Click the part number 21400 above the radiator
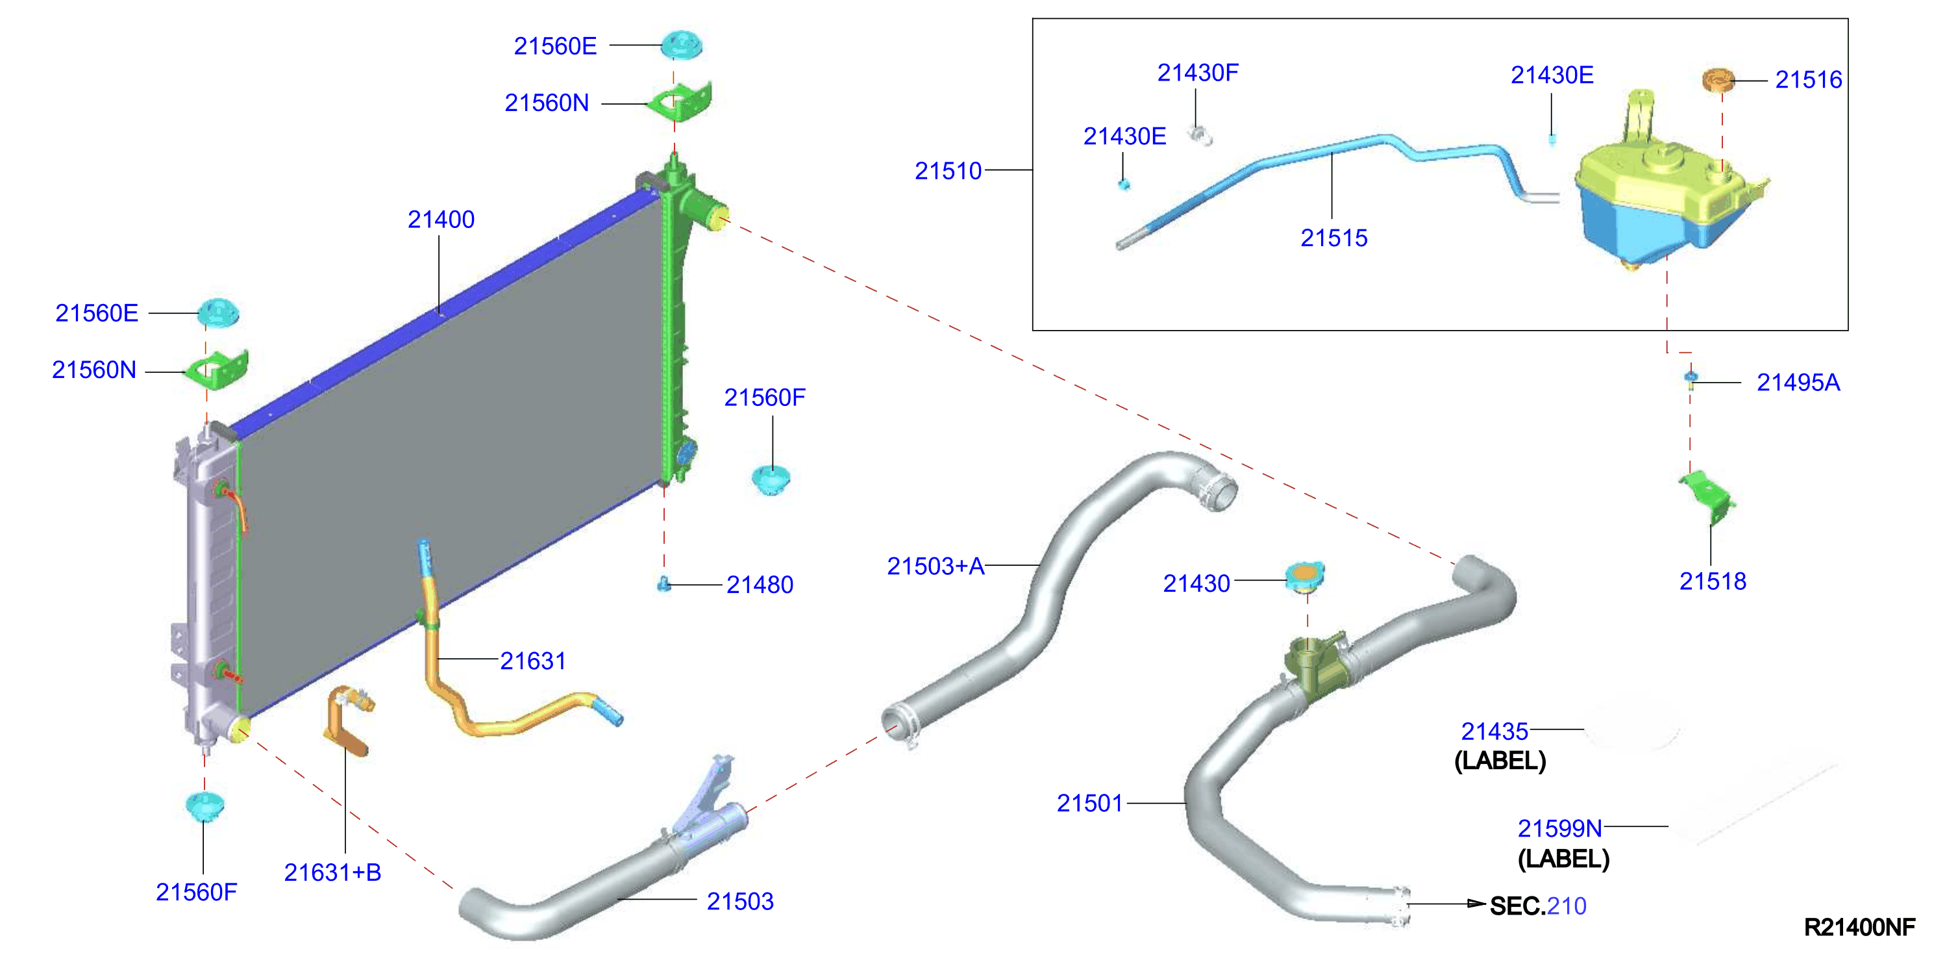(441, 220)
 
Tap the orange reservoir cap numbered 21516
(1717, 79)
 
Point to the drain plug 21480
(663, 583)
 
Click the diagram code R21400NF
(1859, 927)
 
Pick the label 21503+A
(936, 566)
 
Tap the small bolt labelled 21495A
(1691, 379)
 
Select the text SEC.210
(1538, 906)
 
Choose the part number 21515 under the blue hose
(1334, 238)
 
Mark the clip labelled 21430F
(1201, 136)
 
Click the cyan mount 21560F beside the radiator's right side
(771, 479)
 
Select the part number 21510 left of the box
(948, 171)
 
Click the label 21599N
(1559, 828)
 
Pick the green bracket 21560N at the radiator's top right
(679, 103)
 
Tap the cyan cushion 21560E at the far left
(219, 312)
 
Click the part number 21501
(1090, 803)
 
